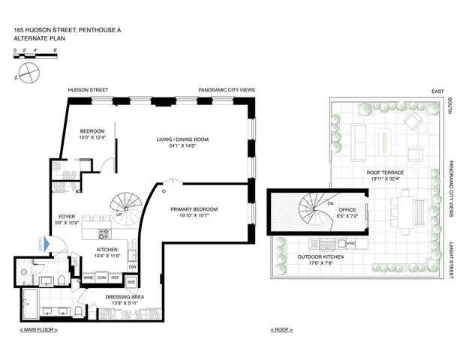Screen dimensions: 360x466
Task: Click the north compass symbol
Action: point(28,72)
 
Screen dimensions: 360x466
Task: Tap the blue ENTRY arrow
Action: point(47,244)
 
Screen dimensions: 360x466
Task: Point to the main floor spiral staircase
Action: point(125,203)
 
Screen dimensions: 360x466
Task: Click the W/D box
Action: point(132,282)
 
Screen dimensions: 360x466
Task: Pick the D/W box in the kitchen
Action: point(132,267)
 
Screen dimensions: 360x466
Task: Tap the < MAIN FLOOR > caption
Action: point(39,330)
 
